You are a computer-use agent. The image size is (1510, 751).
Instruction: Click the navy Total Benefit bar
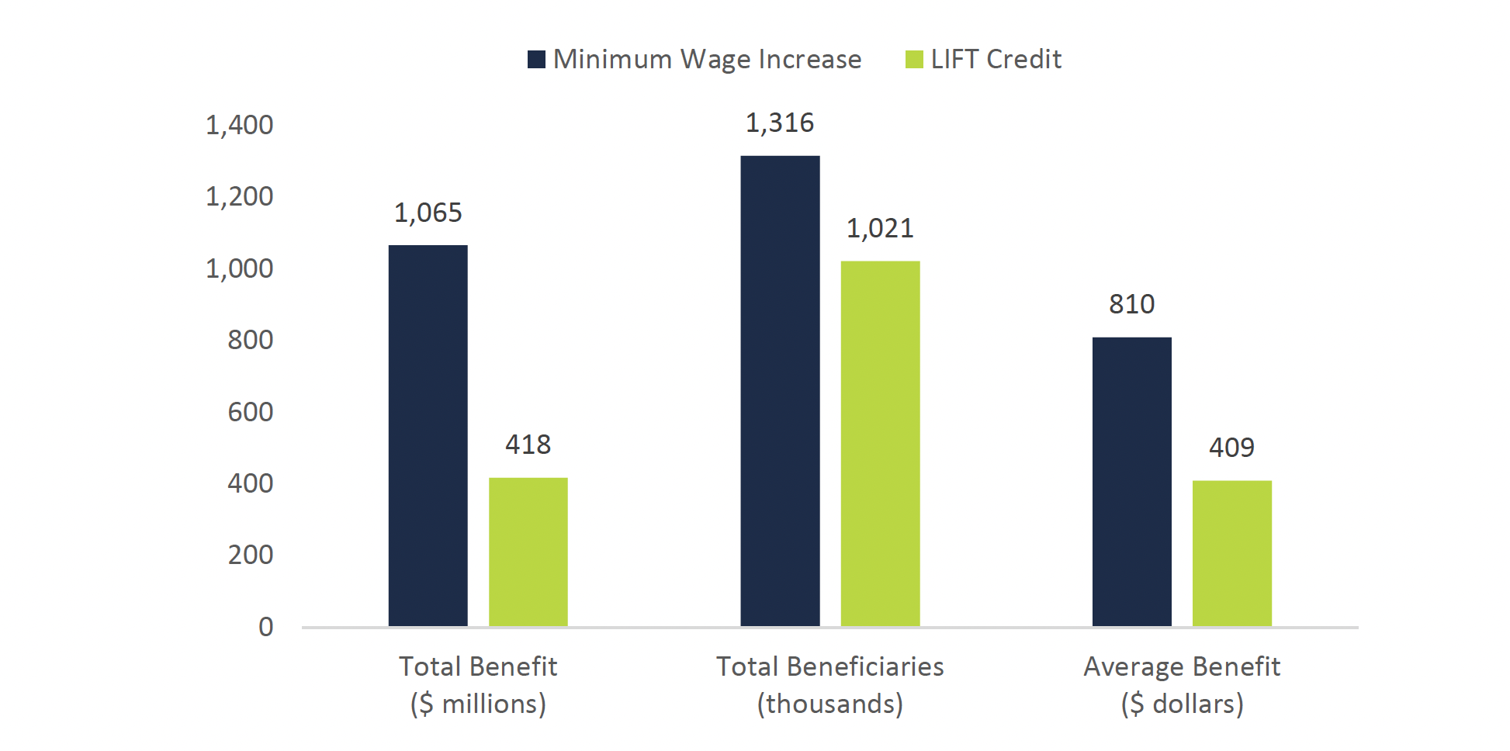[x=428, y=435]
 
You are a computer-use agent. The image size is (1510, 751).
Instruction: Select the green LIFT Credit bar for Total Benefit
[x=528, y=552]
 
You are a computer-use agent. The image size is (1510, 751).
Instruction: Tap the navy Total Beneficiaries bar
[x=780, y=391]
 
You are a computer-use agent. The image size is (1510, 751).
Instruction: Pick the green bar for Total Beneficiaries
[x=880, y=443]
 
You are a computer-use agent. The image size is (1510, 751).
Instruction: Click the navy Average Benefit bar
[x=1131, y=481]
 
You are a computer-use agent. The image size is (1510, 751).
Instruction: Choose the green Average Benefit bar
[x=1231, y=553]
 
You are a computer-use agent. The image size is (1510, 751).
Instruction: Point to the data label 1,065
[x=428, y=213]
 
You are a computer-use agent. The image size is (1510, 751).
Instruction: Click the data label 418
[x=528, y=445]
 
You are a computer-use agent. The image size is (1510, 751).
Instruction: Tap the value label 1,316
[x=780, y=123]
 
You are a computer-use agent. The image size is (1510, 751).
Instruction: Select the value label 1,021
[x=880, y=228]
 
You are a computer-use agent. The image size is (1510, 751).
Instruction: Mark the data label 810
[x=1131, y=304]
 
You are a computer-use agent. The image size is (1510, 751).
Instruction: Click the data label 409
[x=1231, y=448]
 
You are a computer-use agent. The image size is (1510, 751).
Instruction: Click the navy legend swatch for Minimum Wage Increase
[x=536, y=60]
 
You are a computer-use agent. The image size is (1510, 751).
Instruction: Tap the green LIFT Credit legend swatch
[x=914, y=60]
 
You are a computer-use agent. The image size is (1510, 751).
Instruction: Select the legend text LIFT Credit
[x=996, y=59]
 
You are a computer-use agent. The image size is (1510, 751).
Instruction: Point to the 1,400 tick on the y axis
[x=239, y=125]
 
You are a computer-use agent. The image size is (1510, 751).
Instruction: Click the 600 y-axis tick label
[x=250, y=412]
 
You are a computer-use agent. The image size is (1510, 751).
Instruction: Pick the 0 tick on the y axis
[x=265, y=627]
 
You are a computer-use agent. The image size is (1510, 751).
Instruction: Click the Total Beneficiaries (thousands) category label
[x=829, y=684]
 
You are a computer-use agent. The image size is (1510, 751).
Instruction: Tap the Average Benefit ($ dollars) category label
[x=1181, y=684]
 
